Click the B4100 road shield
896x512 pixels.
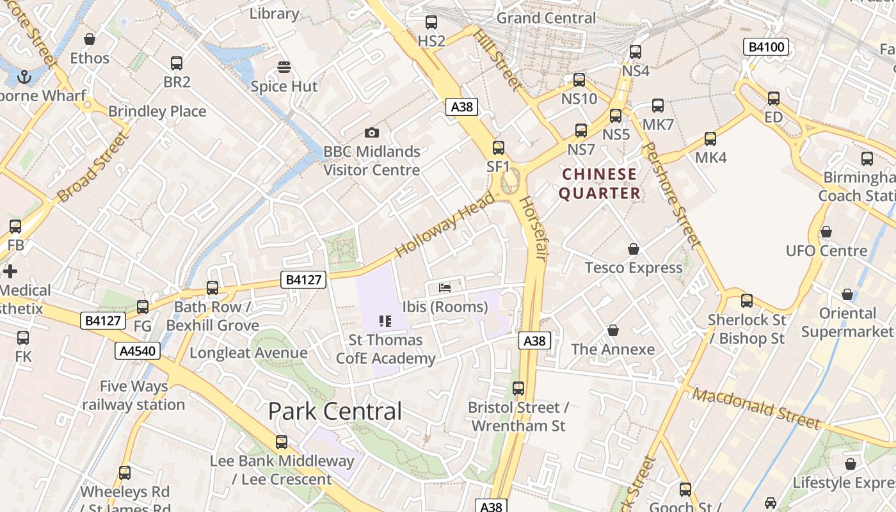click(x=765, y=47)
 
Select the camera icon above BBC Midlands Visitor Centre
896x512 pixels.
click(x=371, y=133)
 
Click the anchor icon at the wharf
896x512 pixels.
click(x=24, y=77)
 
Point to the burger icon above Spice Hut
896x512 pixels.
click(x=284, y=67)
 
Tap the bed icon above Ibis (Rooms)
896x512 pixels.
click(x=445, y=287)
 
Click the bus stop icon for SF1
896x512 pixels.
click(x=499, y=148)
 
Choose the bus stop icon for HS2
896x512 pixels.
click(x=431, y=22)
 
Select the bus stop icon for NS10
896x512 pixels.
click(x=579, y=80)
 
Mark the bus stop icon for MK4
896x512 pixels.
click(x=710, y=139)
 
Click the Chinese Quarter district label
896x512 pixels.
click(x=600, y=184)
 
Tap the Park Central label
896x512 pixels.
click(x=335, y=411)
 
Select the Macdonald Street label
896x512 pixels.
click(x=756, y=408)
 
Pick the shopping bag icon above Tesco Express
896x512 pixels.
click(x=634, y=248)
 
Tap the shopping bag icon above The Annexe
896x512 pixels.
click(x=612, y=330)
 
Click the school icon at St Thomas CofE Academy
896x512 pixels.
click(x=385, y=321)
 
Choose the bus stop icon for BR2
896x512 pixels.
click(x=177, y=63)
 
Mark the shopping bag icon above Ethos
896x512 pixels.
click(x=90, y=39)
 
